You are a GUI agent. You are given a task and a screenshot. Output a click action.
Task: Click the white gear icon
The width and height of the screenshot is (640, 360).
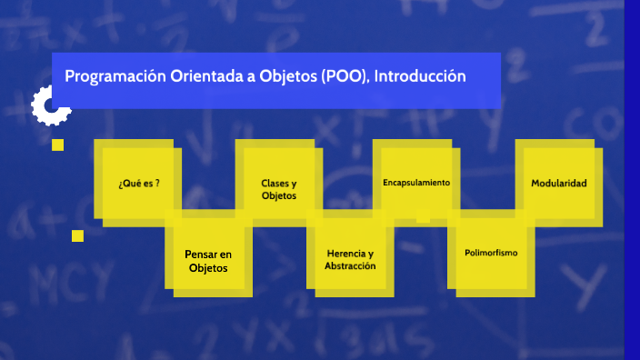(48, 106)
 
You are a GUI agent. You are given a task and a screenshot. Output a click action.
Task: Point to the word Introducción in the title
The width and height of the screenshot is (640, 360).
(421, 76)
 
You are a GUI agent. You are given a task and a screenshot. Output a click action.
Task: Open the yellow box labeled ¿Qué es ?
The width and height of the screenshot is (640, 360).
(139, 182)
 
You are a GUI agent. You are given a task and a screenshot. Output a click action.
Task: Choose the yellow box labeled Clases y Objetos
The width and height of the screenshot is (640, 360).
(278, 189)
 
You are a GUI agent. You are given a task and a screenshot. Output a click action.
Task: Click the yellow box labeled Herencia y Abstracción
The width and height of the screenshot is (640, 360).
(350, 259)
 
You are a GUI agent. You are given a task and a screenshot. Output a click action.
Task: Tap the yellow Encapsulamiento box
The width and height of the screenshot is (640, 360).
(416, 182)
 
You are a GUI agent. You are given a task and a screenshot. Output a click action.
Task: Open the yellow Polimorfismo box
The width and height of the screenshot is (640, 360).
(491, 252)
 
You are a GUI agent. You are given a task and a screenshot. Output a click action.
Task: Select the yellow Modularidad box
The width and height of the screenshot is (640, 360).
(558, 183)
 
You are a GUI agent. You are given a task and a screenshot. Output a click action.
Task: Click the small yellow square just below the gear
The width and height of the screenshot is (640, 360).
(58, 145)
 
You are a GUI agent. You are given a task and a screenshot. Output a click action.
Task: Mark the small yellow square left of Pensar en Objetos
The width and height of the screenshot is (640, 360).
(77, 235)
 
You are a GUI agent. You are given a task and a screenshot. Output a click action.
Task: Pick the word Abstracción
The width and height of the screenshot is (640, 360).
(350, 266)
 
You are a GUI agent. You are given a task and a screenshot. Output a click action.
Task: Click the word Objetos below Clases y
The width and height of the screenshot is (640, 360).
(278, 196)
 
